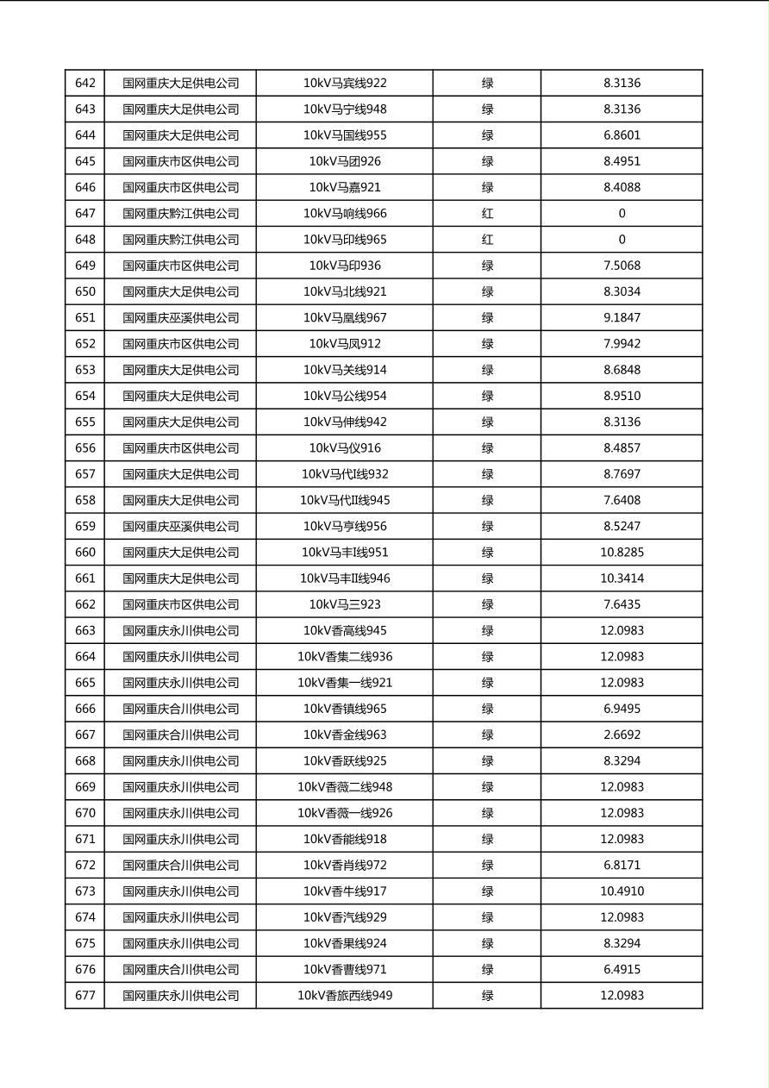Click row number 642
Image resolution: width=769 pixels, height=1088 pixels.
tap(85, 84)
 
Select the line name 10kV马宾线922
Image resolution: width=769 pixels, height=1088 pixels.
tap(345, 84)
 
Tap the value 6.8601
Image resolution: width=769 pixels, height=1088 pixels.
tap(622, 135)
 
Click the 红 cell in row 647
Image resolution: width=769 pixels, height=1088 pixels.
tap(487, 214)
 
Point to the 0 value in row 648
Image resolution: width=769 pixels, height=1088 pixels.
tap(622, 240)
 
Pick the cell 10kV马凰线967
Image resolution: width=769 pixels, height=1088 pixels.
tap(345, 318)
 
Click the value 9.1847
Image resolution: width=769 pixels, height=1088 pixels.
tap(622, 318)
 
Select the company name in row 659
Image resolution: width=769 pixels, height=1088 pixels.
tap(180, 527)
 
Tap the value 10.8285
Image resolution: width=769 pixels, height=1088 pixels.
tap(622, 553)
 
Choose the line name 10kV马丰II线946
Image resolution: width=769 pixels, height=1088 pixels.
tap(345, 578)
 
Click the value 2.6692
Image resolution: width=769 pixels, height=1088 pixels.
tap(622, 735)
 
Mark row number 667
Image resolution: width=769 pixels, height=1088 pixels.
tap(85, 735)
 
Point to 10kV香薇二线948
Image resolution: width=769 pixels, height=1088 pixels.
tap(345, 787)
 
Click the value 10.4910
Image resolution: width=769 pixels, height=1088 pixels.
tap(622, 891)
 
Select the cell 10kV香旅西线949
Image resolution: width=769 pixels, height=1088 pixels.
tap(345, 996)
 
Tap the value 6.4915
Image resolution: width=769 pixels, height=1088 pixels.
tap(622, 970)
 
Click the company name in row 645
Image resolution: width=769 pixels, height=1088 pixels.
tap(180, 161)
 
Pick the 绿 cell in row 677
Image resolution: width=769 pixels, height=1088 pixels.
tap(487, 996)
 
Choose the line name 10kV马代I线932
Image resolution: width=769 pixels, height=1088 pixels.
tap(345, 474)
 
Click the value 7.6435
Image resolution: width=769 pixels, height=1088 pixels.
tap(622, 604)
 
